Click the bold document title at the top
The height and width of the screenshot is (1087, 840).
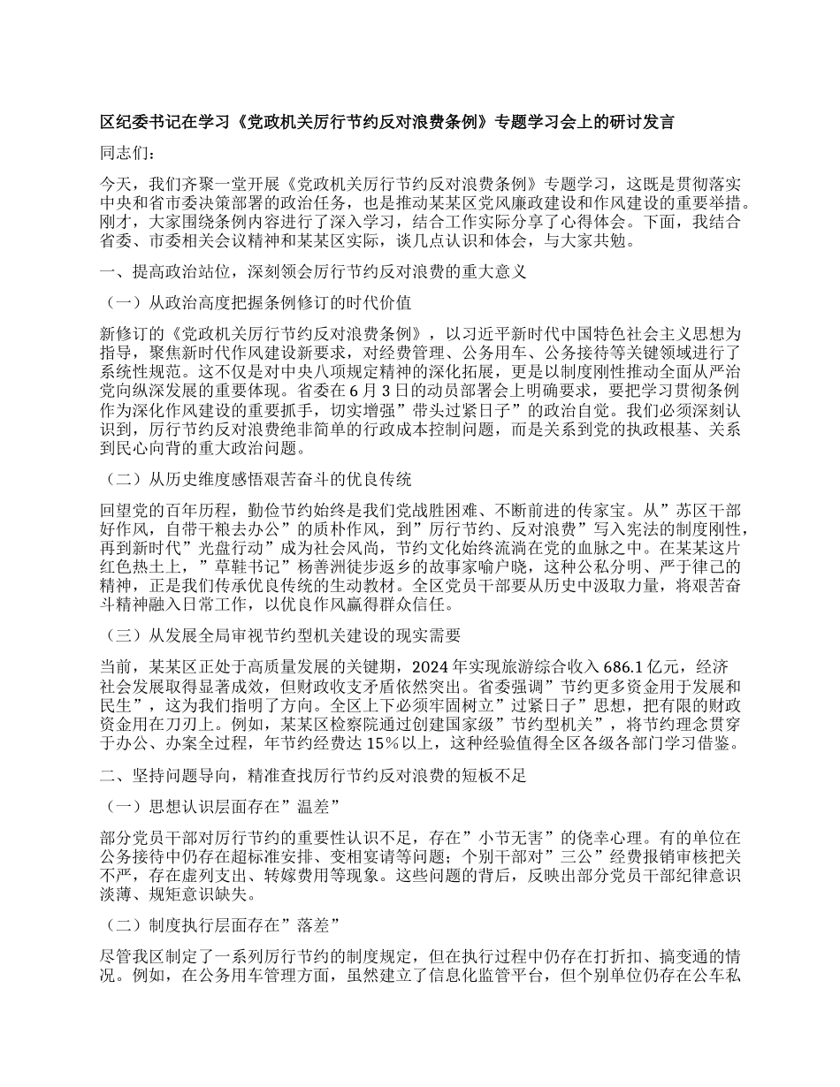[388, 123]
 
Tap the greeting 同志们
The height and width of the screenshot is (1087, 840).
[129, 153]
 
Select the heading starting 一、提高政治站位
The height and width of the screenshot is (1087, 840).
[315, 272]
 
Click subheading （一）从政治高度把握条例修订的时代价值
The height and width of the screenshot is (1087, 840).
[257, 302]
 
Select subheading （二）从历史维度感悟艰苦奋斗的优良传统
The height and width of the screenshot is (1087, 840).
[257, 481]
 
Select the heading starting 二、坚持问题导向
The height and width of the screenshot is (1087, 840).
[314, 776]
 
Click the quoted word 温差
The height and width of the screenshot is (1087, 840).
[313, 806]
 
